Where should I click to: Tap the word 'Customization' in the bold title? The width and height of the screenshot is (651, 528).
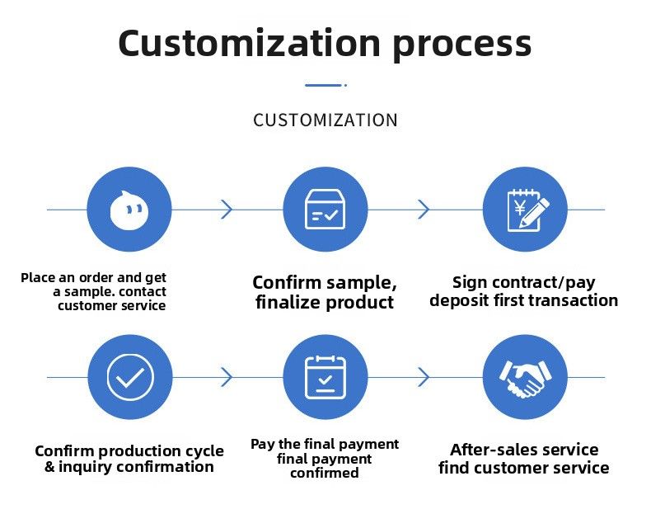[249, 42]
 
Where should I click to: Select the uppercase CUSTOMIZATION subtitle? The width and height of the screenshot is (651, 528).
[325, 120]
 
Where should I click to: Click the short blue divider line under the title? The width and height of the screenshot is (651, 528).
[324, 85]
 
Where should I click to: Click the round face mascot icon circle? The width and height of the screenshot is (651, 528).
[129, 210]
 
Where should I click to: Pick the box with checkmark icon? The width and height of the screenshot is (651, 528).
[325, 210]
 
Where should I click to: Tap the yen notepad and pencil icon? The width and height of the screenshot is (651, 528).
[525, 210]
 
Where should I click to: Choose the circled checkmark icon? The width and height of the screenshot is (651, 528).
[129, 377]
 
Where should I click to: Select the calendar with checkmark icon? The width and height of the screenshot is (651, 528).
[325, 377]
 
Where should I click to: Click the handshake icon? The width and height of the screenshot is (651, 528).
[525, 377]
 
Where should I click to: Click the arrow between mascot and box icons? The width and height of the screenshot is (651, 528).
[227, 210]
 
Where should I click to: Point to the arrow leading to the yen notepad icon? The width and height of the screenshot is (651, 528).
[424, 210]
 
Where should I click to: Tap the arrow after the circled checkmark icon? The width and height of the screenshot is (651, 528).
[227, 377]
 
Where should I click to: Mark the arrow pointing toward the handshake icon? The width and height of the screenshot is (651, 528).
[424, 377]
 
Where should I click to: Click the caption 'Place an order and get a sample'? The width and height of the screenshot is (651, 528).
[95, 291]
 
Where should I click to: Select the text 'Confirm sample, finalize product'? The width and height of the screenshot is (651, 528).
[325, 292]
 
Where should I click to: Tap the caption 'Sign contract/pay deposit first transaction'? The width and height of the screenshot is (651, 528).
[524, 291]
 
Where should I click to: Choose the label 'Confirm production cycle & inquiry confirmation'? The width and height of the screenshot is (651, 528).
[129, 459]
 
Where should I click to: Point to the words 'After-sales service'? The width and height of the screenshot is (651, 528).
[524, 450]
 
